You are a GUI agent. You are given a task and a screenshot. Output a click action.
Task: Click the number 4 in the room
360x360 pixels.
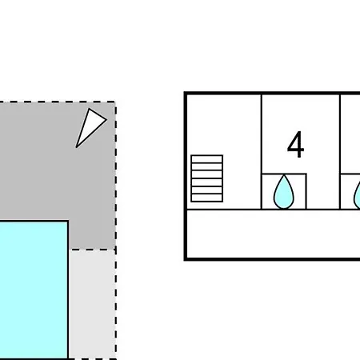(295, 145)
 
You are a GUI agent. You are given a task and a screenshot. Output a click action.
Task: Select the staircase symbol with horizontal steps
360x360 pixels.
(207, 178)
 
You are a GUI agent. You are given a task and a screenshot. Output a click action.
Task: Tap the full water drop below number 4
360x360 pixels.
(284, 191)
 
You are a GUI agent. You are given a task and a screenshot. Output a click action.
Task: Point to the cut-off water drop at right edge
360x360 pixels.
(357, 194)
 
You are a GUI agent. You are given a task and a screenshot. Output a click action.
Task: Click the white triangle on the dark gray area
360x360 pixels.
(90, 126)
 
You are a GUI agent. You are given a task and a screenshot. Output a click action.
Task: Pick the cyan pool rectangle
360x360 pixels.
(34, 290)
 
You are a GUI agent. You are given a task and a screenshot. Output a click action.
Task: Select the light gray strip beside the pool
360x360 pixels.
(92, 304)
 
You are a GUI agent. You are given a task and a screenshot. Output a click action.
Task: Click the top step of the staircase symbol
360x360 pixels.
(207, 158)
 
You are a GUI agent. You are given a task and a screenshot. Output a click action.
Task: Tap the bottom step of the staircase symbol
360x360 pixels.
(207, 198)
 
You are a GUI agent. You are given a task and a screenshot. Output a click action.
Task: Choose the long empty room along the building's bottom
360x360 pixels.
(274, 234)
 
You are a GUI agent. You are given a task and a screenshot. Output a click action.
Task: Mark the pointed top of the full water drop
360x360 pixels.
(284, 175)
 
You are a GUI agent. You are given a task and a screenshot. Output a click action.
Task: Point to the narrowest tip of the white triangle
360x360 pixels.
(76, 147)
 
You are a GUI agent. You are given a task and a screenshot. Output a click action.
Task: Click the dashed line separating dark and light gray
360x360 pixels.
(92, 250)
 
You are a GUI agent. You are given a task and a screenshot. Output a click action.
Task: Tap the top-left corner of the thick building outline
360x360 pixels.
(186, 93)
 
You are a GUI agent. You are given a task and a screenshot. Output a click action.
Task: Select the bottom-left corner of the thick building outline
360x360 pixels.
(186, 259)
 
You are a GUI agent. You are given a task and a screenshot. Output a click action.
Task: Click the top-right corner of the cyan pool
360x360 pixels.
(68, 221)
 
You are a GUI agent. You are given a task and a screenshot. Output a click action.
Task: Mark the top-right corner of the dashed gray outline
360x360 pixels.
(115, 102)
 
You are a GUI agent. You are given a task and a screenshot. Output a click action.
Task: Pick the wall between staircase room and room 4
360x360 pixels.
(262, 152)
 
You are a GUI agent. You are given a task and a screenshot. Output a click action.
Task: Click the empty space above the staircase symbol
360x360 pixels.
(224, 124)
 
